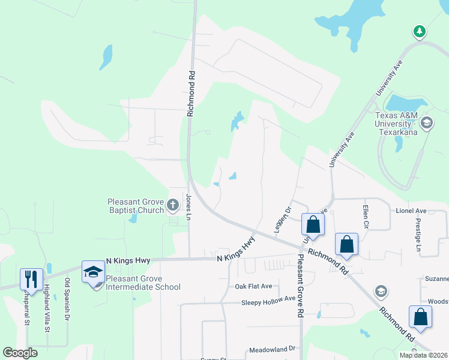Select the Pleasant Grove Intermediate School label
(x=143, y=283)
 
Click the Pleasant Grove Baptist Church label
(x=136, y=206)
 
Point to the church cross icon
(x=173, y=206)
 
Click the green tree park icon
(x=420, y=31)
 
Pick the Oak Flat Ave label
(x=253, y=286)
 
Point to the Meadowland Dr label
(x=273, y=349)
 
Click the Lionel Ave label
(x=411, y=211)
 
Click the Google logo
(x=20, y=353)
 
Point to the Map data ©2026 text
(x=423, y=355)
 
